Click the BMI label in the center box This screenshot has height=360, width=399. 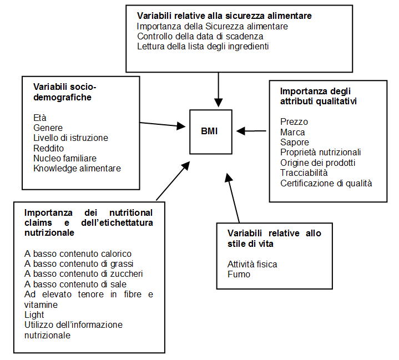click(209, 131)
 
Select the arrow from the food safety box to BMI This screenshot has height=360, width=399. click(218, 89)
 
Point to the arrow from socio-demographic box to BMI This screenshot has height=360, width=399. click(163, 125)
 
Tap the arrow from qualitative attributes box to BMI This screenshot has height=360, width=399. click(251, 131)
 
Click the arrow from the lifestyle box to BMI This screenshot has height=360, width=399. click(233, 198)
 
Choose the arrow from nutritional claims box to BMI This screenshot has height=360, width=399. click(173, 181)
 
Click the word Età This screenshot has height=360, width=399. click(40, 118)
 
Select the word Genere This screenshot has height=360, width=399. click(48, 128)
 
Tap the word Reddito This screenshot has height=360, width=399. click(48, 148)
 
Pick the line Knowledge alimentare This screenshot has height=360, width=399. click(77, 169)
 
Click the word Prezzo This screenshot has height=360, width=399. click(294, 122)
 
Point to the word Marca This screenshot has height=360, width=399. click(292, 133)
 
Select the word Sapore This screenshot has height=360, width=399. click(295, 142)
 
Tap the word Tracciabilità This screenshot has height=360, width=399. click(304, 173)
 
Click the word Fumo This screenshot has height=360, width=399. click(239, 274)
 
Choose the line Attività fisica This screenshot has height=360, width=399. click(252, 265)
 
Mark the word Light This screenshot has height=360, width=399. click(34, 315)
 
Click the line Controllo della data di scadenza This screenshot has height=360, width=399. click(200, 37)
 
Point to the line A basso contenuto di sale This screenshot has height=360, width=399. click(75, 284)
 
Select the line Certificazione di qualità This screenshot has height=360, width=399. click(326, 183)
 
